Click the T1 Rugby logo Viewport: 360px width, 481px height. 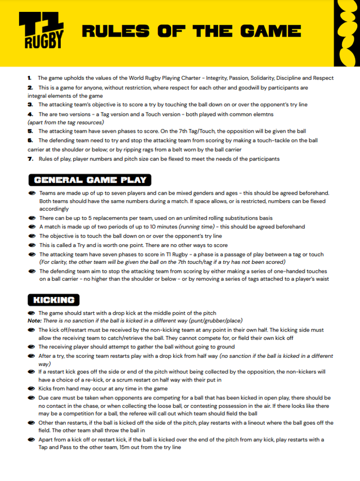pyautogui.click(x=41, y=32)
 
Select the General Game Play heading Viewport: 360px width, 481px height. pyautogui.click(x=91, y=180)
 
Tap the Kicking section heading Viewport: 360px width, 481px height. pyautogui.click(x=54, y=300)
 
